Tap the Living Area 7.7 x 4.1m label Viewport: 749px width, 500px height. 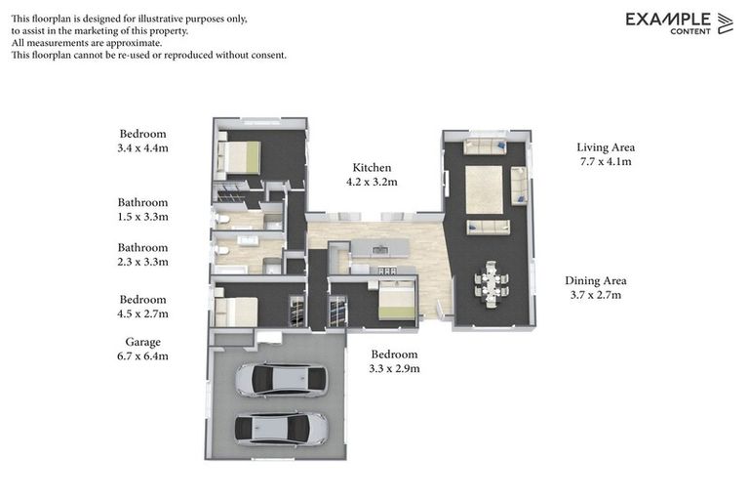(606, 154)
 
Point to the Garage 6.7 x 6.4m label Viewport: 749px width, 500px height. (142, 349)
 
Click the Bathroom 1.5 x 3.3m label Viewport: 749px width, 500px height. (142, 209)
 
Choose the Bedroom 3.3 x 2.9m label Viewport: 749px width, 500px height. (395, 361)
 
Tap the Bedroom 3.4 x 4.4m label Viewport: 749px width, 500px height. (142, 141)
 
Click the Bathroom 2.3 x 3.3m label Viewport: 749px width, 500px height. (142, 255)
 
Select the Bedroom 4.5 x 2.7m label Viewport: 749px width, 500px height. (142, 307)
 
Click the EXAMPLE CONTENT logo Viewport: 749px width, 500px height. (679, 23)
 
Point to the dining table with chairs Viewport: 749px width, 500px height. (492, 284)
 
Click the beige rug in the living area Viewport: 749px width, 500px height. (484, 189)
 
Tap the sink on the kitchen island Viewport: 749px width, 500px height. (380, 249)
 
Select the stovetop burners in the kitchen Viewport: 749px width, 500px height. (387, 271)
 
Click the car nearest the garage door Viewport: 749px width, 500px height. (281, 429)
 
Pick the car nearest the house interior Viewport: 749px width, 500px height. (281, 381)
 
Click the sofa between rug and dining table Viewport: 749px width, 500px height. (488, 227)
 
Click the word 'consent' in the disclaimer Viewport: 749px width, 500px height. (268, 55)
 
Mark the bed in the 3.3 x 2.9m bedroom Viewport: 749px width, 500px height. (397, 300)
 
